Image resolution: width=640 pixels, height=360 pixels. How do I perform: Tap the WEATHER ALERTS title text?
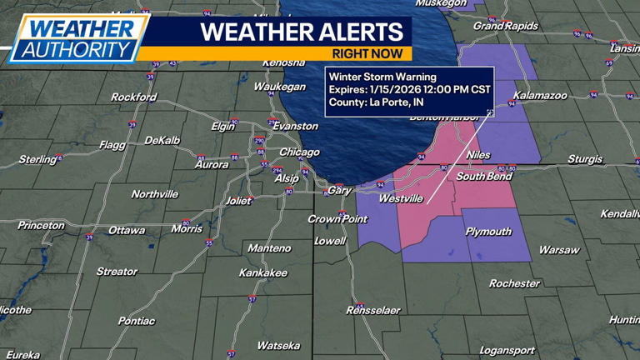302,32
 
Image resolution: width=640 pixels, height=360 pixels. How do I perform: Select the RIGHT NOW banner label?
367,54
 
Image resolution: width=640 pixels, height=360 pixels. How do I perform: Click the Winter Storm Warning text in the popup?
382,77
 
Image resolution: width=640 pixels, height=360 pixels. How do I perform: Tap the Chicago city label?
299,152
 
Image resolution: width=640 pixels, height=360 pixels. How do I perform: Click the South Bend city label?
482,177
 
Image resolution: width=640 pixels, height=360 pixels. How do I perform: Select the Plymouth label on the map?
488,232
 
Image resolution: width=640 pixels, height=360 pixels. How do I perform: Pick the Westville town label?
400,199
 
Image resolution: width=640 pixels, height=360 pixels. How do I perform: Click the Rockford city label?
133,97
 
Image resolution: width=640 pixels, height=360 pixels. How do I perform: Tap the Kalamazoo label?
540,96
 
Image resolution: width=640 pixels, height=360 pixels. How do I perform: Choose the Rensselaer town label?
372,311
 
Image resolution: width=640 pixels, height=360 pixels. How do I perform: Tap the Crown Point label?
337,219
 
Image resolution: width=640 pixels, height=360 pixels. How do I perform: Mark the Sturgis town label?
585,159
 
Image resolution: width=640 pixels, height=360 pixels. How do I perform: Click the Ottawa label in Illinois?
127,231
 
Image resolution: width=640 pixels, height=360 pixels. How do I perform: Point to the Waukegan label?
279,87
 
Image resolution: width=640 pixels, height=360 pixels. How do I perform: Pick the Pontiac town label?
136,321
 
